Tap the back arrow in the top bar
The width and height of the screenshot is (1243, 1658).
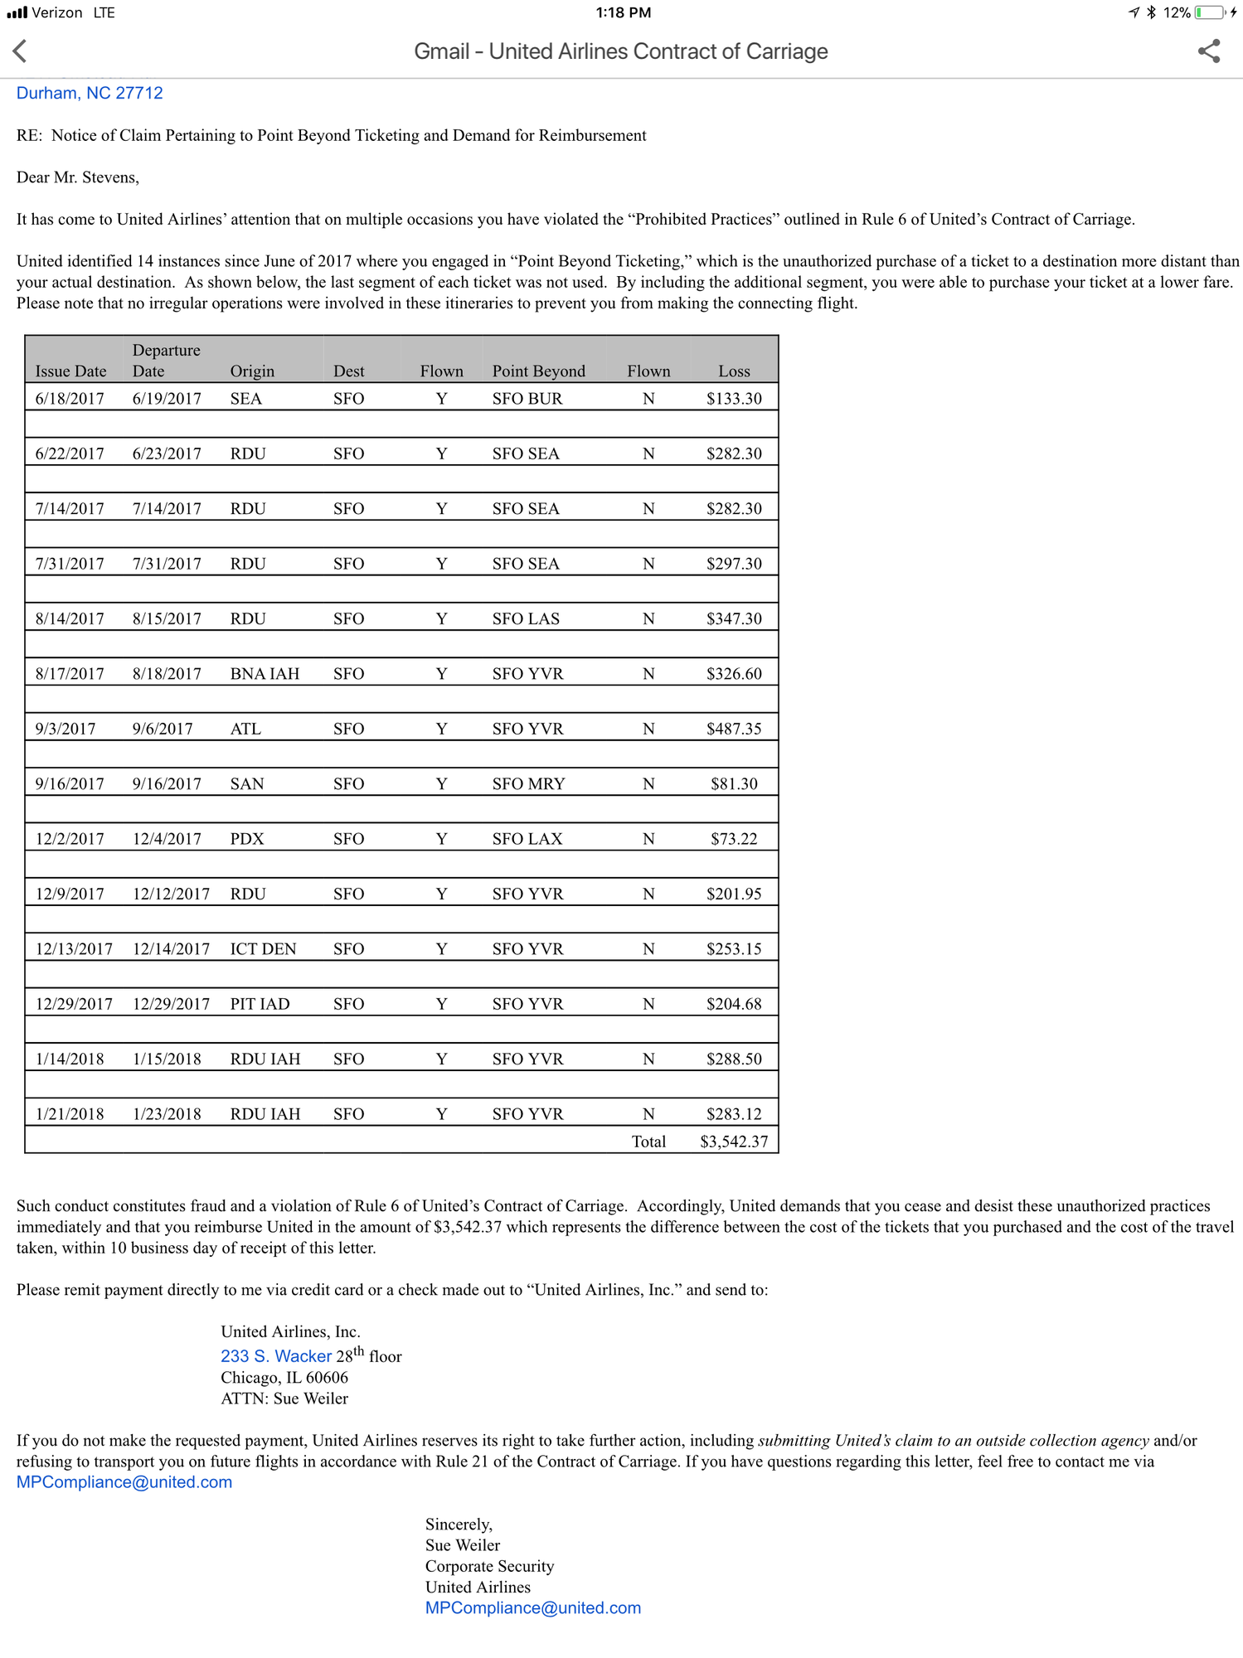point(21,51)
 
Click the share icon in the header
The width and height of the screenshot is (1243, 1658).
point(1209,51)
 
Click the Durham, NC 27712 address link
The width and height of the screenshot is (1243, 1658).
point(90,93)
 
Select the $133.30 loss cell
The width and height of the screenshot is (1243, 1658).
point(734,399)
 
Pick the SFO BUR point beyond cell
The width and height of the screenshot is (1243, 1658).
point(527,399)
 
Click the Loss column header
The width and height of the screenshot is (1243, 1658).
point(734,371)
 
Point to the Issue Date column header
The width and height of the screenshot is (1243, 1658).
point(70,371)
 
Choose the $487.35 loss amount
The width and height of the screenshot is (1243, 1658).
point(734,729)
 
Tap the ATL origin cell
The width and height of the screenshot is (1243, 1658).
point(245,729)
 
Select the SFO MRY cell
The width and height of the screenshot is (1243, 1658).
point(528,784)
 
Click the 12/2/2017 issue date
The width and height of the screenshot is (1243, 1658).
point(70,839)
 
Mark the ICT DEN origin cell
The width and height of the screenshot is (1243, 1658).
point(263,949)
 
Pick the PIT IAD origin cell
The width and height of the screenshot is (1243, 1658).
point(260,1004)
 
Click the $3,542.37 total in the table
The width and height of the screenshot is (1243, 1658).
point(734,1142)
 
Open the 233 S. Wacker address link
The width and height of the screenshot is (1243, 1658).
point(276,1356)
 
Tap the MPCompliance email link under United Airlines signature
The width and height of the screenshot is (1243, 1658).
point(533,1608)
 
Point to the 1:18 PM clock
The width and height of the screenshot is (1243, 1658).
point(624,12)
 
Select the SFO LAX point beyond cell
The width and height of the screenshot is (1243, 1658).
point(527,839)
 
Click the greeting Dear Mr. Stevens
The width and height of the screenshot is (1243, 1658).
point(78,177)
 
